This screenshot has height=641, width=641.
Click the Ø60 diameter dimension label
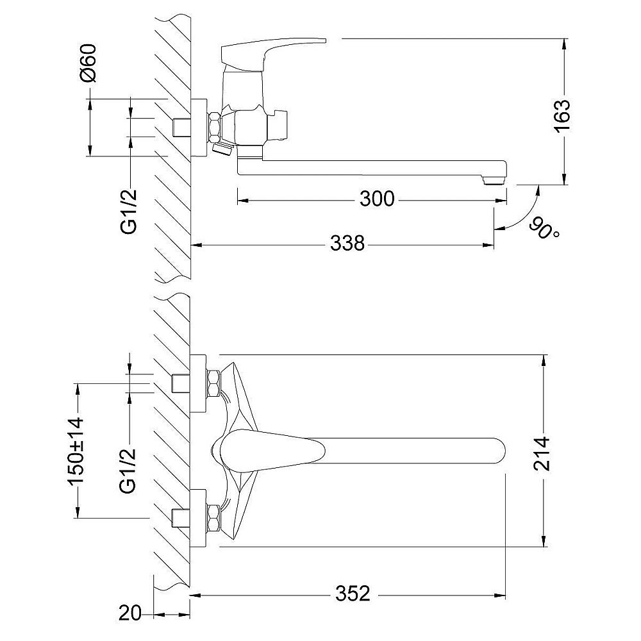pyautogui.click(x=88, y=63)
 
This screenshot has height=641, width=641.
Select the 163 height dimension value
pyautogui.click(x=563, y=116)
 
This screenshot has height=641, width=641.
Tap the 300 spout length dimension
pyautogui.click(x=377, y=199)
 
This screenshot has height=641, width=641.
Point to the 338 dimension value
pyautogui.click(x=347, y=244)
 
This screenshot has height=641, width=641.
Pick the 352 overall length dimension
pyautogui.click(x=353, y=594)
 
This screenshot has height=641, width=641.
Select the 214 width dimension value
pyautogui.click(x=541, y=454)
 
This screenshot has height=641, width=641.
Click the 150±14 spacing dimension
pyautogui.click(x=76, y=451)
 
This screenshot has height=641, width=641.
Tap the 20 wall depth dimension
pyautogui.click(x=129, y=613)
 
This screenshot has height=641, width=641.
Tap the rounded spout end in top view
pyautogui.click(x=498, y=454)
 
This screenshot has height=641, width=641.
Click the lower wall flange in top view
pyautogui.click(x=198, y=518)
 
